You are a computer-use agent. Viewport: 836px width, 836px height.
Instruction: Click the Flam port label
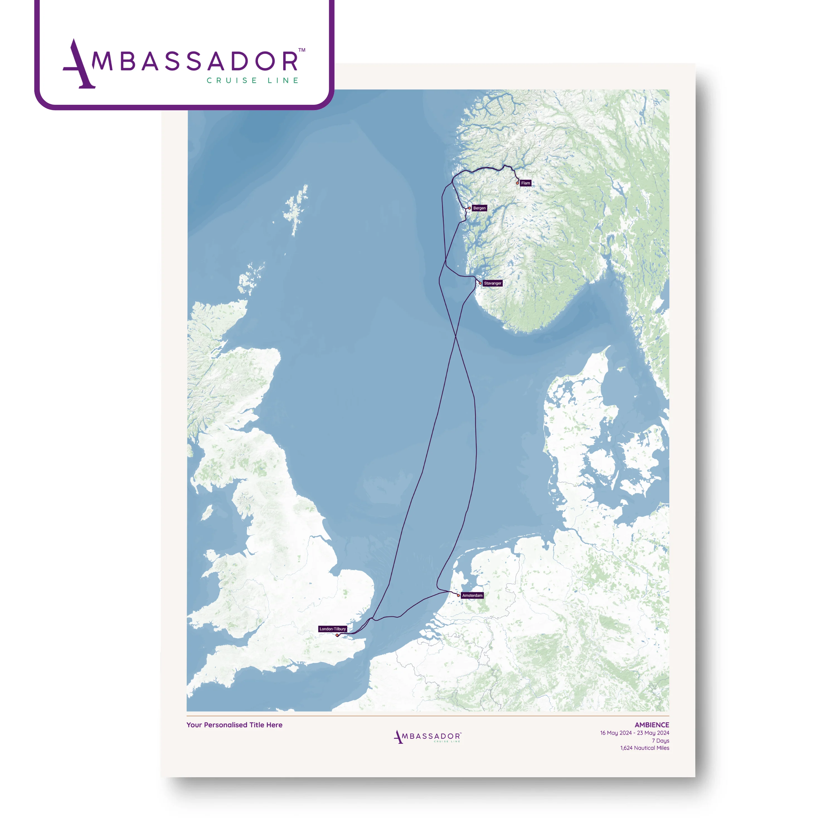click(525, 183)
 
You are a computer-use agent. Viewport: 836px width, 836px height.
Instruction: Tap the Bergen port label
click(479, 208)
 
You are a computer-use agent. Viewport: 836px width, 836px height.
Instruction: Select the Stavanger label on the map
click(492, 283)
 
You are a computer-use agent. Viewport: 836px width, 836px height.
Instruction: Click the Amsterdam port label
click(472, 596)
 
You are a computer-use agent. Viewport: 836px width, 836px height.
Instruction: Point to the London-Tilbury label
click(333, 629)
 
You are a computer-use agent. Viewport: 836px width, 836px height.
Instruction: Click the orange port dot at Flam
click(517, 183)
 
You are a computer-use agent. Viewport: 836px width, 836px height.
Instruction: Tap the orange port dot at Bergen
click(470, 208)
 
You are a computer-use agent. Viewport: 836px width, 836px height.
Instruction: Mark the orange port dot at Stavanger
click(480, 283)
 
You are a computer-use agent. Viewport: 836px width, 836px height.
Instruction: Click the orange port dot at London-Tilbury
click(337, 635)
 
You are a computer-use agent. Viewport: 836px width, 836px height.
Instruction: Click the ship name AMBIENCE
click(652, 725)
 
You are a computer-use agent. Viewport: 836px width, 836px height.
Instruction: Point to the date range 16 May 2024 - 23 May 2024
click(634, 733)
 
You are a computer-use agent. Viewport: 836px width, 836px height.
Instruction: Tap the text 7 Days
click(660, 741)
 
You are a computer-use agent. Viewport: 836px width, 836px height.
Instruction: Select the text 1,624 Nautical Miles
click(645, 748)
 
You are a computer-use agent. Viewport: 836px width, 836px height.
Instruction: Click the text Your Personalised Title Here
click(234, 725)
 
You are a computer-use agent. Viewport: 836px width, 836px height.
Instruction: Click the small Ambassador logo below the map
click(427, 737)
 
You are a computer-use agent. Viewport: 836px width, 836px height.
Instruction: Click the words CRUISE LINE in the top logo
click(253, 81)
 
